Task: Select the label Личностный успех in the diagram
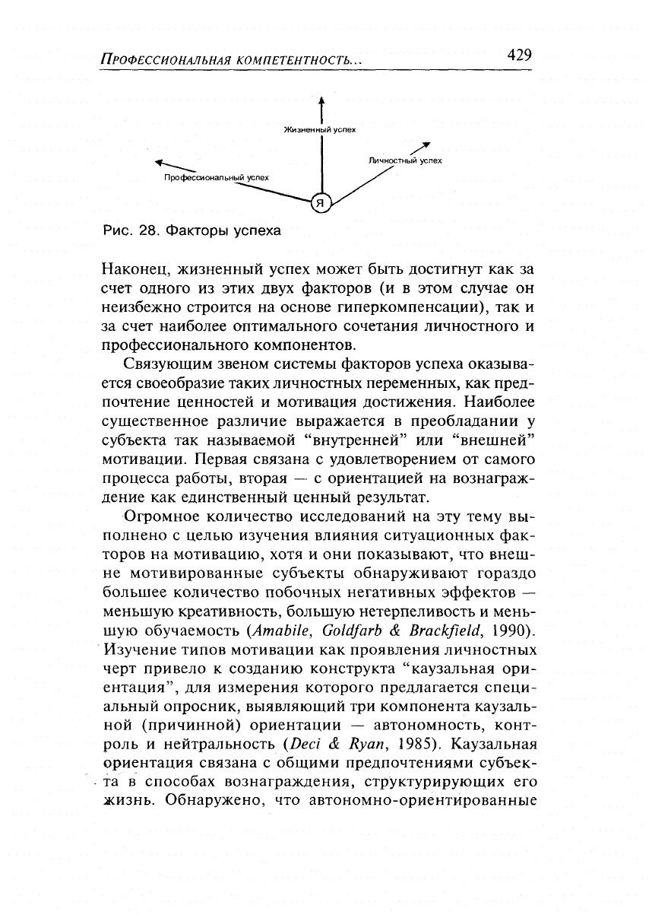[x=405, y=161]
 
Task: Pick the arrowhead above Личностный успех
[x=426, y=145]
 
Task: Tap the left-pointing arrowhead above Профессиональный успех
[x=160, y=161]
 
